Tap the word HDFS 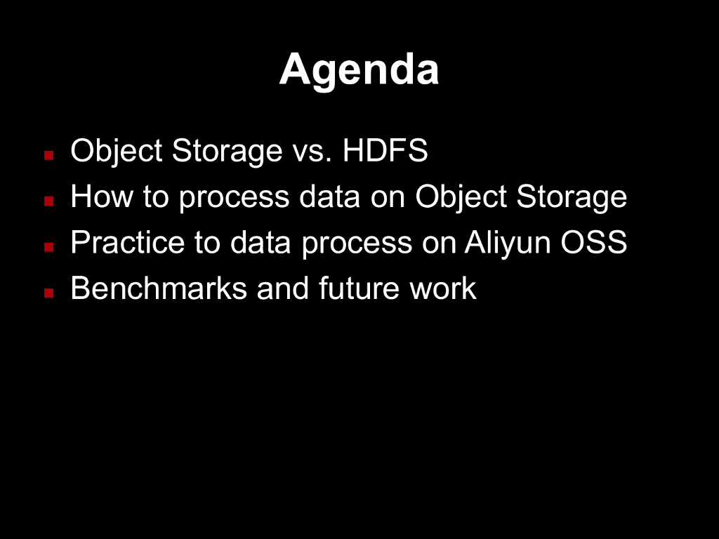click(385, 150)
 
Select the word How click(102, 197)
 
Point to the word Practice click(128, 242)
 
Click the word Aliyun click(507, 244)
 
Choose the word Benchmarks click(159, 288)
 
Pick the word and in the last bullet click(283, 288)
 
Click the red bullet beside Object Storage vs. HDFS click(49, 155)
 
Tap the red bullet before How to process click(49, 201)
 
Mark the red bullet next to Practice click(49, 247)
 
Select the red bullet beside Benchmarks click(49, 293)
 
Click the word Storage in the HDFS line click(227, 152)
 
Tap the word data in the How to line click(329, 197)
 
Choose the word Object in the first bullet click(117, 152)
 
